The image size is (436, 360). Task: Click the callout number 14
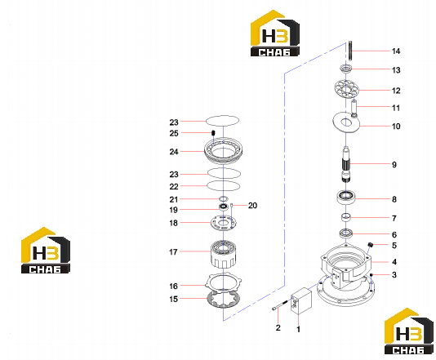pyautogui.click(x=396, y=51)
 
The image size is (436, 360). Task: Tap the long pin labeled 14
pyautogui.click(x=349, y=51)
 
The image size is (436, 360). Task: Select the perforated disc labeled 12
pyautogui.click(x=346, y=89)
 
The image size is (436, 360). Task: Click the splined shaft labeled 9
pyautogui.click(x=345, y=164)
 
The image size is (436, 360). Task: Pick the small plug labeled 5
pyautogui.click(x=370, y=245)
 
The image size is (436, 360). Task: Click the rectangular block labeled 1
pyautogui.click(x=301, y=301)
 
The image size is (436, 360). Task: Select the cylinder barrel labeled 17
pyautogui.click(x=223, y=255)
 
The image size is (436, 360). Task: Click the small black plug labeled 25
pyautogui.click(x=213, y=133)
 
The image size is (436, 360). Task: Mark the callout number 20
pyautogui.click(x=252, y=206)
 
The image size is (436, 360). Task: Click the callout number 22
pyautogui.click(x=174, y=187)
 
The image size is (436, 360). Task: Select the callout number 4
pyautogui.click(x=394, y=262)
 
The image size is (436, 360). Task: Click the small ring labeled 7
pyautogui.click(x=346, y=217)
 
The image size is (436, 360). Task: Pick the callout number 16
pyautogui.click(x=174, y=286)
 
